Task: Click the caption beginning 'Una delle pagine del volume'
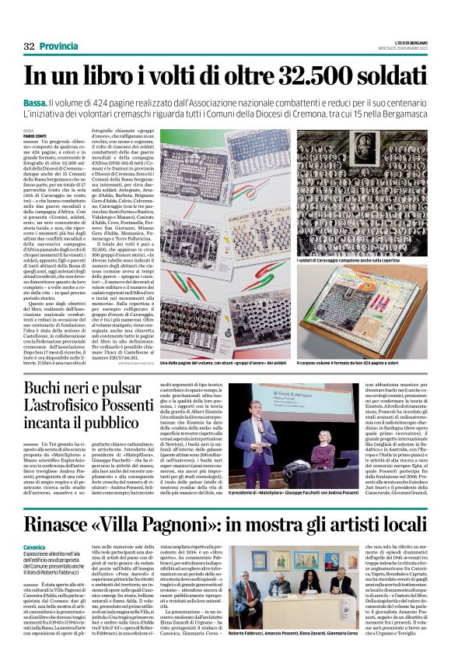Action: [x=225, y=363]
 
